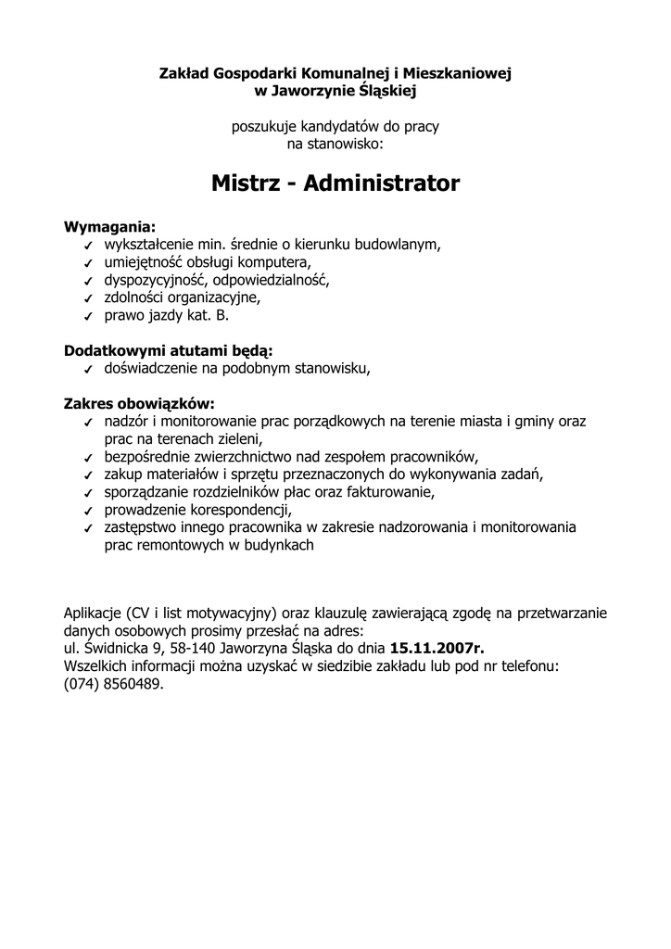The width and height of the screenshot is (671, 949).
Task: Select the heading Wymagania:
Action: (x=109, y=227)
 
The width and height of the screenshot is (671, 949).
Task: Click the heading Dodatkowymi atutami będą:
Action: (x=168, y=350)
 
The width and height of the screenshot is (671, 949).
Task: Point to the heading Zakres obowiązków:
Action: (x=138, y=404)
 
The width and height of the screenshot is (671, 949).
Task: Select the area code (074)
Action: (x=82, y=684)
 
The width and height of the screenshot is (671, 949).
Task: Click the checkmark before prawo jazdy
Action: (x=86, y=317)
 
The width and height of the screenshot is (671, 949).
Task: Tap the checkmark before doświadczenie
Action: (x=86, y=370)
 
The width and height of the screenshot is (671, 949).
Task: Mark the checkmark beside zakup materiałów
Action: (x=86, y=475)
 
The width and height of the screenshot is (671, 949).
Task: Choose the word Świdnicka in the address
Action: (x=116, y=649)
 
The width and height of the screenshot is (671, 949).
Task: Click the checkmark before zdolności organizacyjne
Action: (x=86, y=299)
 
